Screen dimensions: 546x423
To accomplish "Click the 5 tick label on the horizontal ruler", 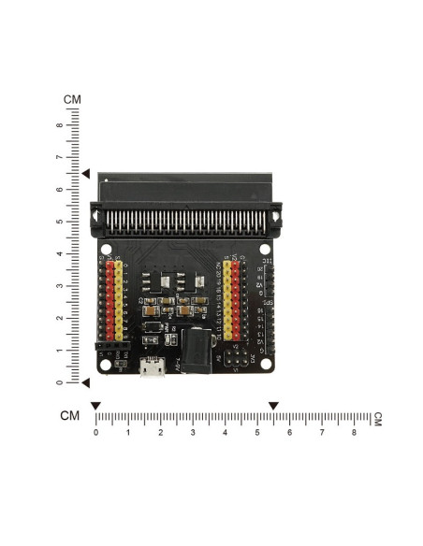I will [x=257, y=433].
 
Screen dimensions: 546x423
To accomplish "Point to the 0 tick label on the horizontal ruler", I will [x=95, y=433].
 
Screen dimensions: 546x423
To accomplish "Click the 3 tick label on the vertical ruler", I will [x=60, y=286].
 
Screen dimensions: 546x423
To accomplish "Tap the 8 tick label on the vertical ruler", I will [x=60, y=125].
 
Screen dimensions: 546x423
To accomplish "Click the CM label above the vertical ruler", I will [x=72, y=99].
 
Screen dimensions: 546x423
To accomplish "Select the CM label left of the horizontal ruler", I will [x=69, y=416].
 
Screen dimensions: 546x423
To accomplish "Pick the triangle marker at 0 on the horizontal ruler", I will [x=95, y=405].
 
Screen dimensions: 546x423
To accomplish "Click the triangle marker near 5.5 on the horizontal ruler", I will [x=273, y=405].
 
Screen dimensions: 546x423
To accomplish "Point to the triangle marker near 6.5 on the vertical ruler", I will [x=85, y=174].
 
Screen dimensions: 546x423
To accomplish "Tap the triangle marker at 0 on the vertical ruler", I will [x=85, y=382].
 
